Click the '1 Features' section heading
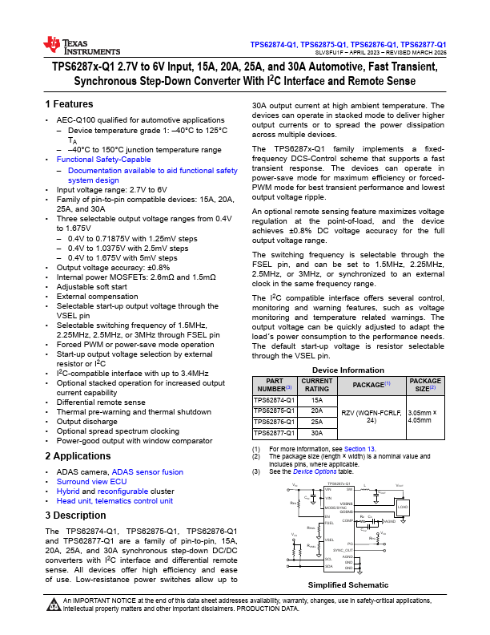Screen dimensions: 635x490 [x=70, y=105]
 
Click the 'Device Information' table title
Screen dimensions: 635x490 [x=348, y=370]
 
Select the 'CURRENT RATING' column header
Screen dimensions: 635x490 [x=317, y=385]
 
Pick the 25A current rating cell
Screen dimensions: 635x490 [x=317, y=421]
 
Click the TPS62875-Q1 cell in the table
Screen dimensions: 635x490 [x=274, y=411]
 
